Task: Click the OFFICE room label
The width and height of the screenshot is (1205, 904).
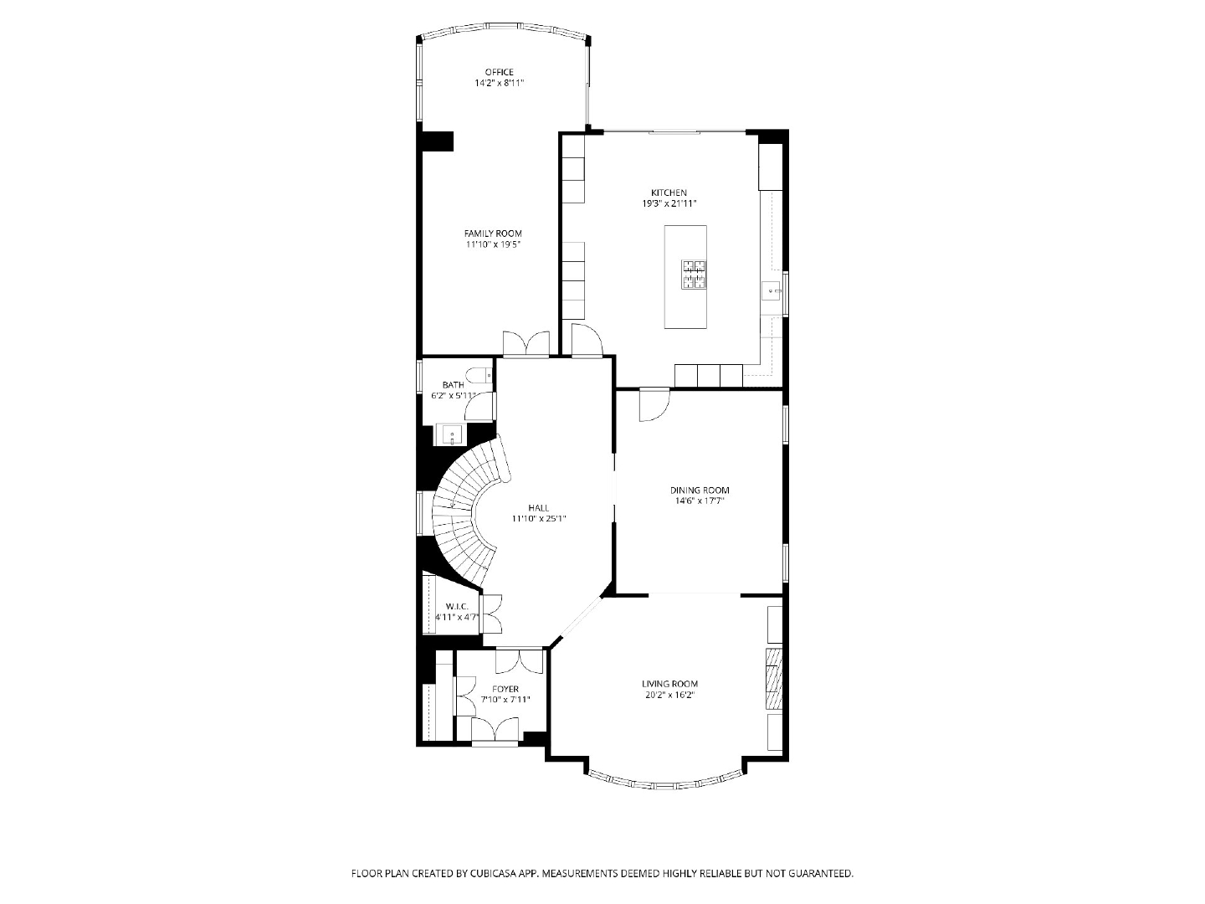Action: coord(499,72)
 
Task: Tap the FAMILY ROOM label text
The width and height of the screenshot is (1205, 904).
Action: coord(493,234)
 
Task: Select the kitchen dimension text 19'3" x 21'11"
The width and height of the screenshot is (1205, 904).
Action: coord(669,203)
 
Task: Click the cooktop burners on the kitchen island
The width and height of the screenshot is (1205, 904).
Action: coord(694,275)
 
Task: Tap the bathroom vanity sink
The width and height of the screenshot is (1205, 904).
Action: coord(451,434)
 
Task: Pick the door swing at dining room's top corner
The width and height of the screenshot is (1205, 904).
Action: coord(654,405)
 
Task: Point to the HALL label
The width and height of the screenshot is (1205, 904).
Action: coord(539,508)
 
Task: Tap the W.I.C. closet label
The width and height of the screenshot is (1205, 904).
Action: coord(457,606)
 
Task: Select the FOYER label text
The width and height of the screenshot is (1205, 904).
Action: coord(505,689)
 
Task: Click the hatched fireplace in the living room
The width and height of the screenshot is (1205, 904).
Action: coord(774,678)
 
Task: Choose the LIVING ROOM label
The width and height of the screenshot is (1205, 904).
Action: coord(669,684)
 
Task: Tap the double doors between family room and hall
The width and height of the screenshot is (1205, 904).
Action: coord(526,345)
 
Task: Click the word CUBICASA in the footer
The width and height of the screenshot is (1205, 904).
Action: coord(485,873)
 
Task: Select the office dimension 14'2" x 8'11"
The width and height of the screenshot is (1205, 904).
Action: coord(499,83)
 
